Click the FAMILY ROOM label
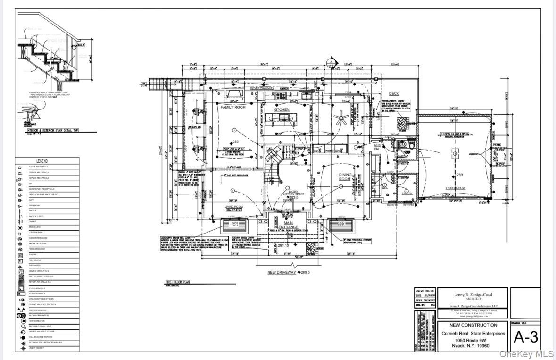click(233, 108)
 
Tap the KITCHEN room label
click(282, 110)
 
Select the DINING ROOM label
click(345, 177)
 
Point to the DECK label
click(393, 94)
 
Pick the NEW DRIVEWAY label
click(282, 272)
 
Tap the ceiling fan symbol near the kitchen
click(342, 118)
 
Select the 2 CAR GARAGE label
click(455, 188)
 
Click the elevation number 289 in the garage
click(459, 175)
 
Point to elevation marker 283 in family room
click(234, 142)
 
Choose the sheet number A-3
click(525, 337)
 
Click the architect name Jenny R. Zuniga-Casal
click(473, 295)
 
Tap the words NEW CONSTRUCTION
click(473, 325)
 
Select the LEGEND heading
click(42, 161)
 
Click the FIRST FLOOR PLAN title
click(177, 282)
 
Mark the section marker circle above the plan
click(331, 62)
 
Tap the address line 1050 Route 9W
click(473, 340)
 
